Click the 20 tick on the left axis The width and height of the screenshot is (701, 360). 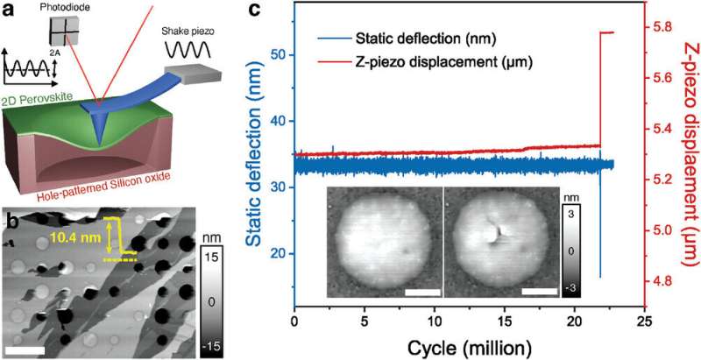[x=280, y=254]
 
